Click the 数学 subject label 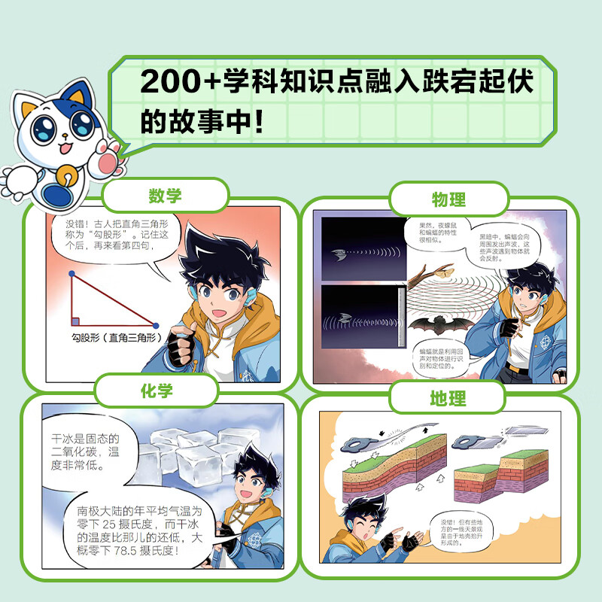(165, 196)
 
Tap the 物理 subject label (449, 199)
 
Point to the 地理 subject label (448, 399)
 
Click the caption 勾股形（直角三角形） (113, 339)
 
